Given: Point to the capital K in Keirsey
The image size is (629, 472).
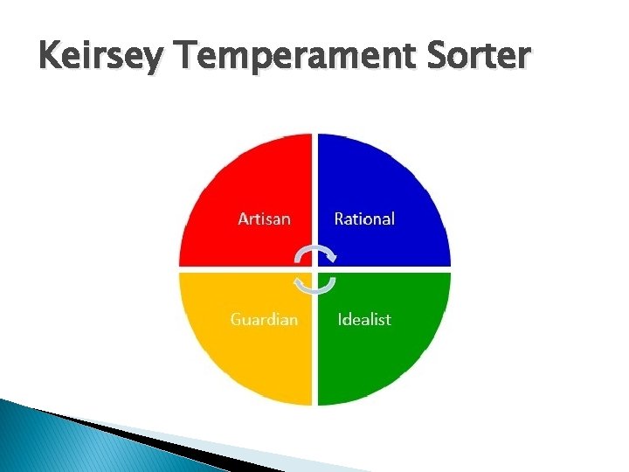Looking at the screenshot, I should [51, 56].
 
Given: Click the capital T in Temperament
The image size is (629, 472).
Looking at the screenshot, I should [186, 56].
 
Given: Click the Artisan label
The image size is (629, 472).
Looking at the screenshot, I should [264, 219].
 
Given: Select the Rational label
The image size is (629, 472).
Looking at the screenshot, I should [364, 219].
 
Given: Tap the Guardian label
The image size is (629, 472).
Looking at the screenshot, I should [264, 319].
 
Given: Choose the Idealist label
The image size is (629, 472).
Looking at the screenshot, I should [364, 319].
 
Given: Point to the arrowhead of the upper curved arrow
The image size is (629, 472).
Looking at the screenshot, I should [331, 257].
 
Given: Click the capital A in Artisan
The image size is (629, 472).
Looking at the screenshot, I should [243, 219].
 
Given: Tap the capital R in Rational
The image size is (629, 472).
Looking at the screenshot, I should [339, 219].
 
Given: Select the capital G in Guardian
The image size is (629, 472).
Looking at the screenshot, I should [236, 319].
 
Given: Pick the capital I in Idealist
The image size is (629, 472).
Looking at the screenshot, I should [340, 319].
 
